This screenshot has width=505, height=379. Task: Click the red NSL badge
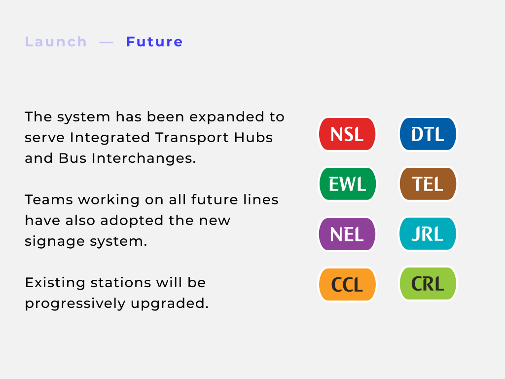tap(347, 134)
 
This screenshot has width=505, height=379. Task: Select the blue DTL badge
tap(428, 134)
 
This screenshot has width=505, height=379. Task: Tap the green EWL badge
tap(347, 184)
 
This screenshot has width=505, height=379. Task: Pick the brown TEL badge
tap(428, 184)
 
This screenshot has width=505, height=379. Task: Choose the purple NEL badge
tap(347, 234)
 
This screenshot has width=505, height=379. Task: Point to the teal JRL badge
tap(428, 233)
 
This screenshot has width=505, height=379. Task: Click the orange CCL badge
tap(347, 284)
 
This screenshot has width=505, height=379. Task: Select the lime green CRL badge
tap(428, 284)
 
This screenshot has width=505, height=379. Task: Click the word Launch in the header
tap(56, 42)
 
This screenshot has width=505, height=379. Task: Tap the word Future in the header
tap(154, 42)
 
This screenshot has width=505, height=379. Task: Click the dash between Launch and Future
tap(107, 42)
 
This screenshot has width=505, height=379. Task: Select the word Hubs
tap(253, 137)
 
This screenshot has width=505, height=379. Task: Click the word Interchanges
tap(144, 158)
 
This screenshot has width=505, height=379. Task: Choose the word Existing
tap(55, 283)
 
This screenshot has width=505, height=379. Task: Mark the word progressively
tap(75, 304)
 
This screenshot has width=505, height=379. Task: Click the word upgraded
tap(170, 304)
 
